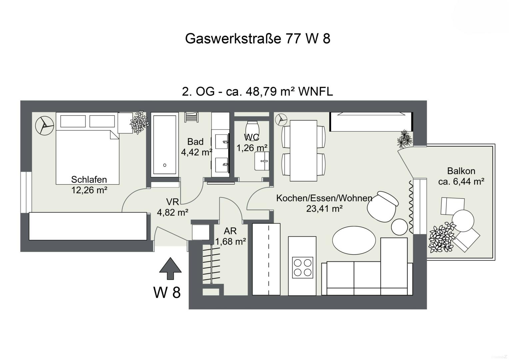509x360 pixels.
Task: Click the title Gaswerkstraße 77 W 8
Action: [x=257, y=39]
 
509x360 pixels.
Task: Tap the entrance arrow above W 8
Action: [x=170, y=268]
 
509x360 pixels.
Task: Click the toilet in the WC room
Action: [x=252, y=128]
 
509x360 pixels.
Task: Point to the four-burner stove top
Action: [x=302, y=267]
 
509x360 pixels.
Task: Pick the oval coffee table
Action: [x=354, y=240]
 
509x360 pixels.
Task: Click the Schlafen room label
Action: [x=89, y=180]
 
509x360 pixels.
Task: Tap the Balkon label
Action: [x=461, y=171]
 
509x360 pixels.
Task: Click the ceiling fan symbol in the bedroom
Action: [x=44, y=125]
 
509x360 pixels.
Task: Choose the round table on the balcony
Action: [x=463, y=220]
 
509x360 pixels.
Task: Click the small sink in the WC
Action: [x=262, y=161]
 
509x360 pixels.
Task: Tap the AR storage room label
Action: [x=230, y=231]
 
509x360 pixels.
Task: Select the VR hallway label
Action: [x=173, y=202]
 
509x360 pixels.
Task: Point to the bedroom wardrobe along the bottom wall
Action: [x=88, y=226]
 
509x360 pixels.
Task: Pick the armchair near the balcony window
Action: [x=382, y=205]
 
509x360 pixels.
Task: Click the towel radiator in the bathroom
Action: [x=192, y=117]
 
